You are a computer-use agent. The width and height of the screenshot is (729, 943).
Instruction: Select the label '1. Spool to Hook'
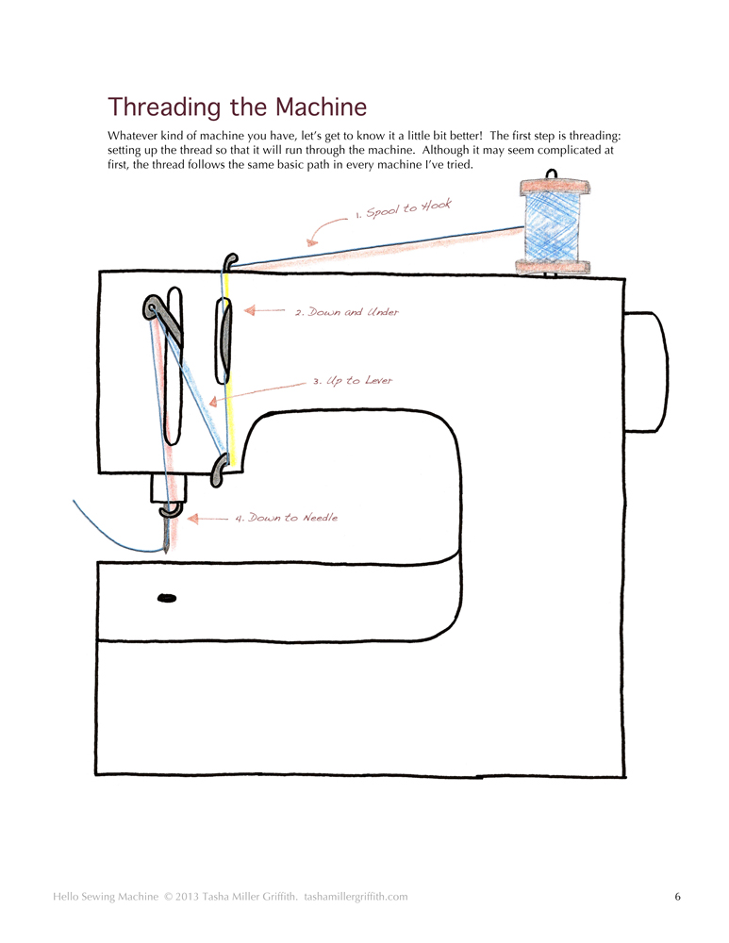click(404, 208)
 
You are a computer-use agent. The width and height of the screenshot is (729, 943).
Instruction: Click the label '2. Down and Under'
click(346, 312)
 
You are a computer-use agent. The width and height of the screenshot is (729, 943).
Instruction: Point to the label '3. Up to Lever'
click(352, 381)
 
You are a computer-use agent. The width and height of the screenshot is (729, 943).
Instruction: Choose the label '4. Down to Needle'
click(286, 518)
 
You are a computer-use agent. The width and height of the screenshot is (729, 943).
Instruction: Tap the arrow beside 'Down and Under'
click(264, 309)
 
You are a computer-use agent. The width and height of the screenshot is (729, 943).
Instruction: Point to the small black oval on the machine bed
click(167, 598)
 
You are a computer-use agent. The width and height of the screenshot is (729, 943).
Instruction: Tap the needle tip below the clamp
click(167, 547)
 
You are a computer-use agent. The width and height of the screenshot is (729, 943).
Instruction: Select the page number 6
click(677, 897)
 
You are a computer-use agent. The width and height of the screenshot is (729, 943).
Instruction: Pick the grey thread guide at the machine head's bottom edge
click(220, 469)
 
